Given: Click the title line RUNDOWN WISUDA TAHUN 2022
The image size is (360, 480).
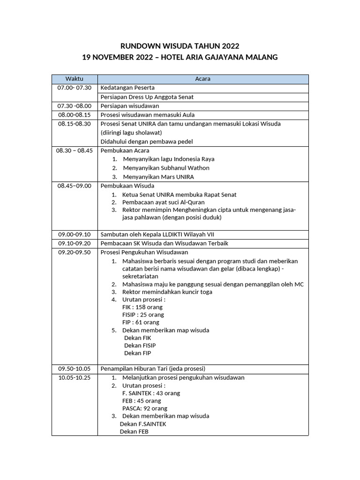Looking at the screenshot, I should [180, 46].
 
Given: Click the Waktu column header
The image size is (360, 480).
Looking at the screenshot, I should [75, 79].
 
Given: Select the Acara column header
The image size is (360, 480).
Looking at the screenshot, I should [202, 79].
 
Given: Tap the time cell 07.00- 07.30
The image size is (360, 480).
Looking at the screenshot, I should [75, 88].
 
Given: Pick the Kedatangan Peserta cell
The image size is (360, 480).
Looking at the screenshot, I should [127, 88].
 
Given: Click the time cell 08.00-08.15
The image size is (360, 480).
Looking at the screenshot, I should [75, 115].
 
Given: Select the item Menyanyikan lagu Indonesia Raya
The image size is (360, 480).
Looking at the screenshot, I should [168, 159].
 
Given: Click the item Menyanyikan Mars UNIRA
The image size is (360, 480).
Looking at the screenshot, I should [158, 177].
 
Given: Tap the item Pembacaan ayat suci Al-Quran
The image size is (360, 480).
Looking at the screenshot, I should [163, 202].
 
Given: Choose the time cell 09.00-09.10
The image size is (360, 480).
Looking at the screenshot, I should [75, 234].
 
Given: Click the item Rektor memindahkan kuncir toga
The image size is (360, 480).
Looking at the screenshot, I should [167, 292].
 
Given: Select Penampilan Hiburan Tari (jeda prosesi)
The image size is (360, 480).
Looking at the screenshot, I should [153, 368].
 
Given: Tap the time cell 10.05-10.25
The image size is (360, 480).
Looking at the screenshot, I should [75, 377].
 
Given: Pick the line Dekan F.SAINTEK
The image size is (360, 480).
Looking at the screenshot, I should [143, 424].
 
